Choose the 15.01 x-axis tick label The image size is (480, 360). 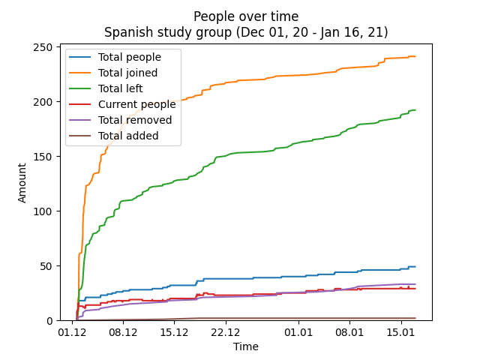coord(400,331)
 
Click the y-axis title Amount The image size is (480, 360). coord(22,183)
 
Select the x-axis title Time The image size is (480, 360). coord(245,346)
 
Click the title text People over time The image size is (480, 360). coord(245,16)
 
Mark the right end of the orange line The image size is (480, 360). coord(415,56)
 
